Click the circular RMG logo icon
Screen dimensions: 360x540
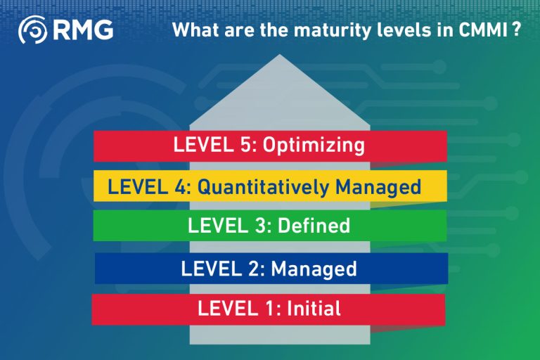coord(32,30)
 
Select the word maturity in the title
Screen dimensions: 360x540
coord(304,31)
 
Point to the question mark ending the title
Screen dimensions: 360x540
coord(517,31)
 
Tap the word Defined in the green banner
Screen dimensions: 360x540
coord(314,226)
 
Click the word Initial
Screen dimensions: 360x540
coord(314,308)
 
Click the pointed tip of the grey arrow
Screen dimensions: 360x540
coord(280,56)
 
